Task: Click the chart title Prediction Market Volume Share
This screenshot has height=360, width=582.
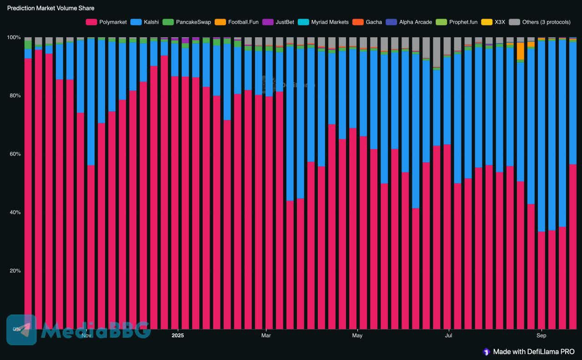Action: coord(51,8)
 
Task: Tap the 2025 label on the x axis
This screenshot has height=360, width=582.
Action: coord(178,336)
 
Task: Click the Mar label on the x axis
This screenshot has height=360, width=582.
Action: coord(266,336)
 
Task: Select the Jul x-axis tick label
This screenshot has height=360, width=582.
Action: coord(449,336)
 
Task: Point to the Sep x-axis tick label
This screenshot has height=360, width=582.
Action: coord(541,336)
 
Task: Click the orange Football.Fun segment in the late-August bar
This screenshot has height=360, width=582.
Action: coord(520,51)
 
